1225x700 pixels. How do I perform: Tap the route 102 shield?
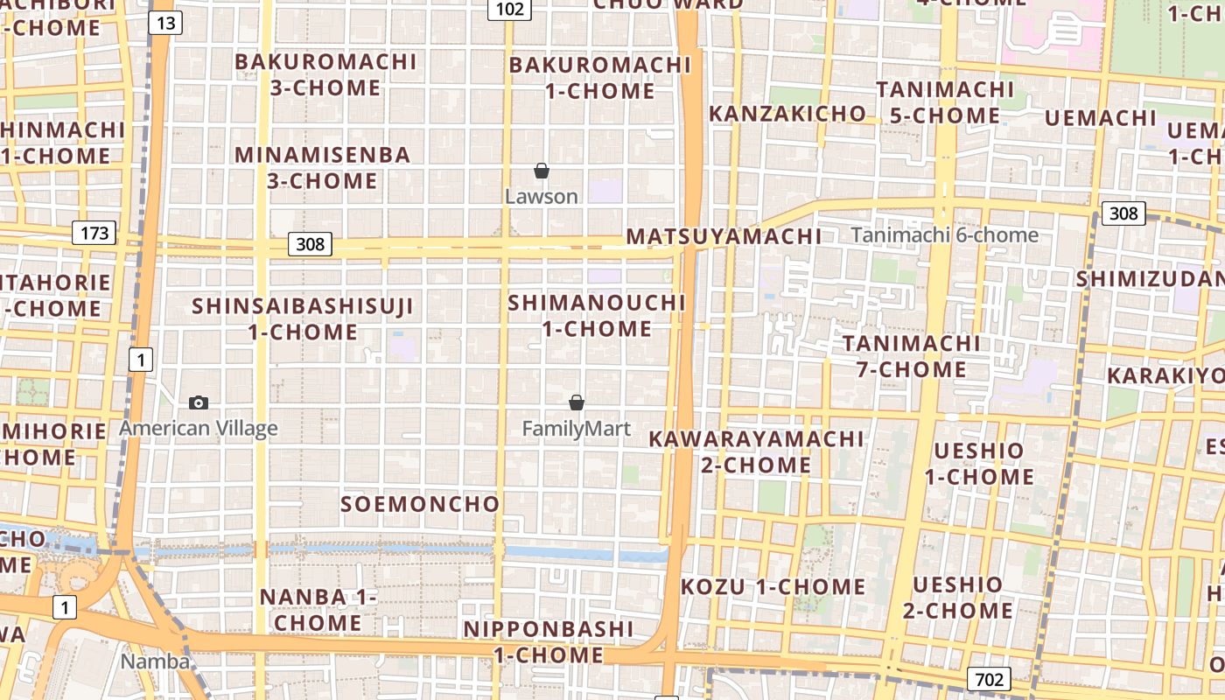click(x=509, y=9)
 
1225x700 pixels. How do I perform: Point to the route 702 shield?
click(x=990, y=679)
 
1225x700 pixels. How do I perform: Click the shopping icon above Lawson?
click(x=542, y=171)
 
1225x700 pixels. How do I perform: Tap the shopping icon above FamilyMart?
click(x=577, y=402)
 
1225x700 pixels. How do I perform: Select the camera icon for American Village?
click(x=199, y=402)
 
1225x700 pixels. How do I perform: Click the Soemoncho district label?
click(x=420, y=504)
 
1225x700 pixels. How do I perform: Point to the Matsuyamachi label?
click(x=724, y=236)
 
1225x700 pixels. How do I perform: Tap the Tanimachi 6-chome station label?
click(x=945, y=234)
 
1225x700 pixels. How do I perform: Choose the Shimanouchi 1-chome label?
click(x=598, y=316)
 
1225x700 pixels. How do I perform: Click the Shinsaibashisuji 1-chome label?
click(x=303, y=319)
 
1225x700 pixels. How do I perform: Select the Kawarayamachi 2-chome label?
click(x=756, y=451)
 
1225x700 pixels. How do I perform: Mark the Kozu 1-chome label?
click(x=773, y=586)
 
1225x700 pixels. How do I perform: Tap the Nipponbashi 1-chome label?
click(x=549, y=641)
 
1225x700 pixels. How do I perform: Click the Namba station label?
click(x=155, y=661)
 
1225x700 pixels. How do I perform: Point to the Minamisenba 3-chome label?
click(x=322, y=168)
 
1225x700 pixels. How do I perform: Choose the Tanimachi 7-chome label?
click(x=911, y=356)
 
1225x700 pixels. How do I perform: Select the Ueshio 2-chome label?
click(x=957, y=597)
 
